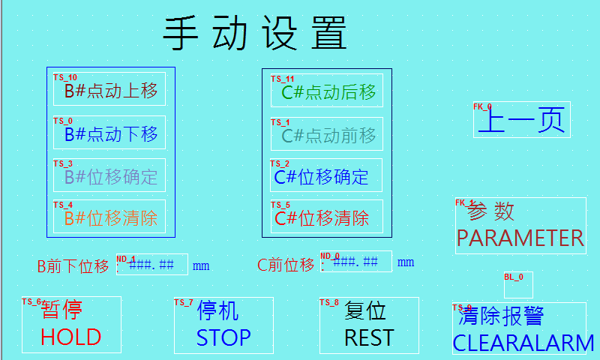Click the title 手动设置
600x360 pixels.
point(255,34)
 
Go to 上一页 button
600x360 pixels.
point(522,120)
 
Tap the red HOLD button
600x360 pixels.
point(71,325)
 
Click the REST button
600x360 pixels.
point(369,325)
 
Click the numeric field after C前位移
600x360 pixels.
point(355,262)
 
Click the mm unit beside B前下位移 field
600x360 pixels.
point(201,265)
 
